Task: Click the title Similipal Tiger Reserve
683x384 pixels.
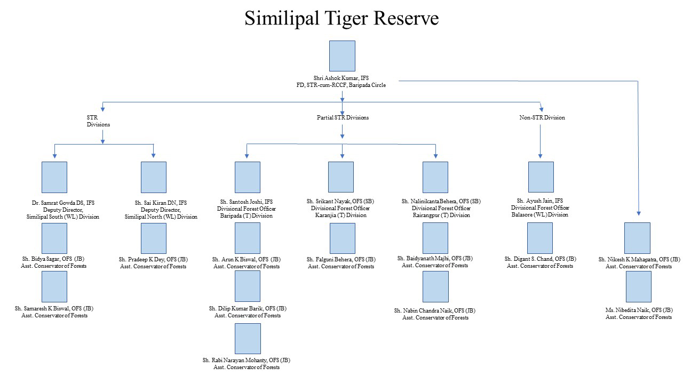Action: [341, 19]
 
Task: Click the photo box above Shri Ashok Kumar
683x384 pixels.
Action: [341, 56]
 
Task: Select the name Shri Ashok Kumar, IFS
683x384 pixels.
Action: [341, 77]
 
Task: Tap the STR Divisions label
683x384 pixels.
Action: [98, 121]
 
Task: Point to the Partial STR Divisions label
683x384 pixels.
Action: [342, 117]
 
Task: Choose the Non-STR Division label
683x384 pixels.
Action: [542, 117]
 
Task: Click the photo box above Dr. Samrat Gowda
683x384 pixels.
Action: [54, 177]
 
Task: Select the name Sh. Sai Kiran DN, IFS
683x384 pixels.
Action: [161, 203]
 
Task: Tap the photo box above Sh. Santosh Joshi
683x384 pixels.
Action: [248, 177]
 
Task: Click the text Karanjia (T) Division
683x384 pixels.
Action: [341, 215]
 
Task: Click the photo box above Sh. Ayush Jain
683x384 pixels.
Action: [541, 177]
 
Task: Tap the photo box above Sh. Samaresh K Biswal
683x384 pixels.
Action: [54, 286]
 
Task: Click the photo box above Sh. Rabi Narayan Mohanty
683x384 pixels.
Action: [248, 339]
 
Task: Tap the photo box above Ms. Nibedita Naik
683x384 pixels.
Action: [638, 286]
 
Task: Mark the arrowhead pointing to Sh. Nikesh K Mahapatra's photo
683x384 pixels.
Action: [638, 212]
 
